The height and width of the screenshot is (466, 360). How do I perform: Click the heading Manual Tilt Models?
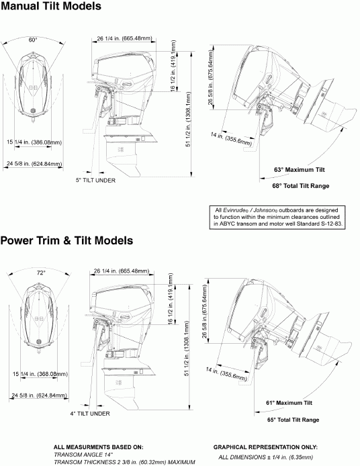[52, 7]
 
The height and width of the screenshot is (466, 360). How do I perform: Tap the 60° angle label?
[33, 40]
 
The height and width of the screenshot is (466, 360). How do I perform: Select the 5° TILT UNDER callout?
[95, 181]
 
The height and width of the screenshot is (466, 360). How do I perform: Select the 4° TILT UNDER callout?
[90, 414]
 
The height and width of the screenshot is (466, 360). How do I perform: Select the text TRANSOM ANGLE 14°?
[84, 455]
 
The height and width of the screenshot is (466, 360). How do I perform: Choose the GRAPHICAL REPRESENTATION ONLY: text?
[265, 447]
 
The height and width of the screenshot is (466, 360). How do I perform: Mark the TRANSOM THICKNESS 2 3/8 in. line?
[124, 462]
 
